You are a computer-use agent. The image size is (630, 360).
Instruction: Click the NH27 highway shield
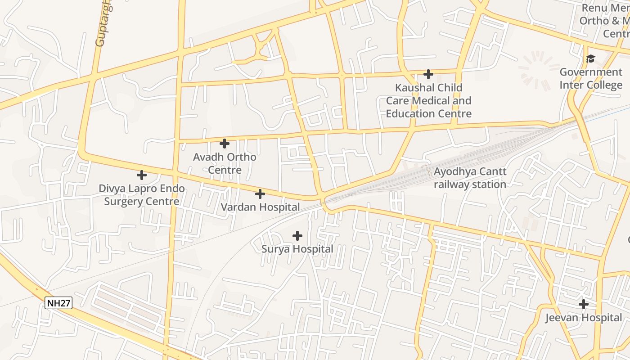click(59, 303)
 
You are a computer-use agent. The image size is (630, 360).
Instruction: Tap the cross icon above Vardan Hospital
click(260, 194)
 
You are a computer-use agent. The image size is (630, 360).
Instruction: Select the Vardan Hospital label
click(260, 207)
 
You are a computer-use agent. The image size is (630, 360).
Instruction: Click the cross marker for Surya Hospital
click(297, 235)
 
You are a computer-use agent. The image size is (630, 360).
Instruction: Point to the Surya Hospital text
click(297, 249)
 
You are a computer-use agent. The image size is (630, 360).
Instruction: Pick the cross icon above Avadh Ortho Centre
click(225, 144)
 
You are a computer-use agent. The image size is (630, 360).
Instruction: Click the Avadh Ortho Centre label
click(225, 163)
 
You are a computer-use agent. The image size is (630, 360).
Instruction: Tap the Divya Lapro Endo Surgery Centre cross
click(142, 175)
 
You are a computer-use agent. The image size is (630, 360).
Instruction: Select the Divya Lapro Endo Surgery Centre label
click(142, 194)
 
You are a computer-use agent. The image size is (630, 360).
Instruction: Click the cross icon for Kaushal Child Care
click(428, 74)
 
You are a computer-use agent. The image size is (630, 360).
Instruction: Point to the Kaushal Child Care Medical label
click(428, 100)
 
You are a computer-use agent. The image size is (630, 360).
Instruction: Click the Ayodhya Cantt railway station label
click(470, 178)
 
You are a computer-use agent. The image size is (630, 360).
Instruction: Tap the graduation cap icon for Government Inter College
click(590, 58)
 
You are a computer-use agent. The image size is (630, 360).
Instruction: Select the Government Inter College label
click(591, 78)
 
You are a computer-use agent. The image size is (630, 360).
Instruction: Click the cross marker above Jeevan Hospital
click(584, 304)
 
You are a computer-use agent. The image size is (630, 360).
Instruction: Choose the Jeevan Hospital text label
click(584, 318)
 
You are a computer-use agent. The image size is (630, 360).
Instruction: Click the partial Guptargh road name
click(103, 25)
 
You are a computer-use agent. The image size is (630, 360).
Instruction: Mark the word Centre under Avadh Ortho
click(225, 170)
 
